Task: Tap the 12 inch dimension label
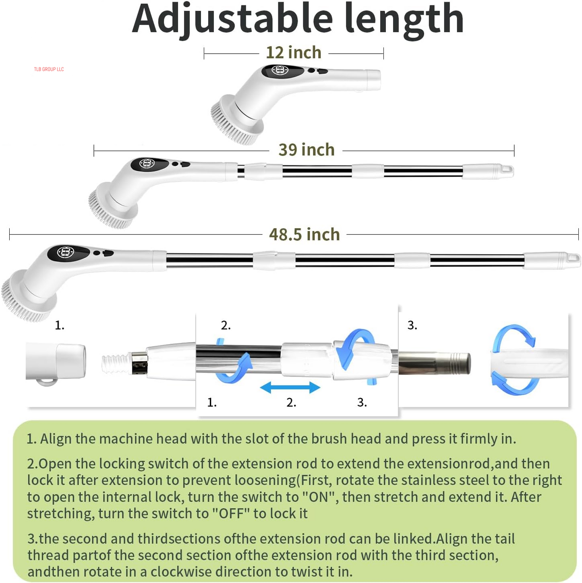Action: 294,53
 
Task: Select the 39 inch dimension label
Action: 307,150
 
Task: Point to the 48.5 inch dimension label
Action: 304,235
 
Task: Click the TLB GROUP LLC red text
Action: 49,69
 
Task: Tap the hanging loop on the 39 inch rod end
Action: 506,170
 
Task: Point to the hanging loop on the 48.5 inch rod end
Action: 574,259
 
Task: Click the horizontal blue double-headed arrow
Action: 290,388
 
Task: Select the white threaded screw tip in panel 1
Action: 115,364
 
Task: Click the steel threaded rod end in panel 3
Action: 459,363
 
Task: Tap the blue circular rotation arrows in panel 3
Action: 514,360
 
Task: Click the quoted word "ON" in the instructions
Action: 318,497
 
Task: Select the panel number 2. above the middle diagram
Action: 226,325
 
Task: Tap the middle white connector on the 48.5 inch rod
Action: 412,260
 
